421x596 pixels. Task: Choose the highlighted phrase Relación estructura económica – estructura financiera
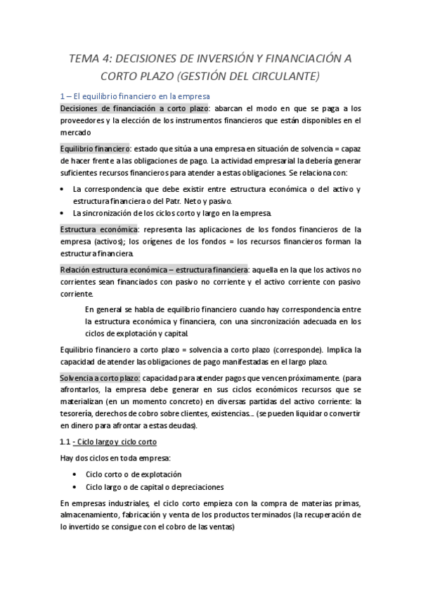coord(153,269)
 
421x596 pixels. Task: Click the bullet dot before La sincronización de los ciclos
coord(64,213)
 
